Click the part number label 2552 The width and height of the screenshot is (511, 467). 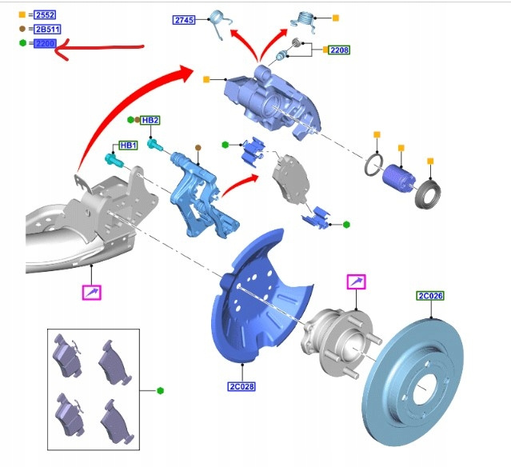coord(44,14)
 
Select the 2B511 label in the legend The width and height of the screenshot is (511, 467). coord(45,29)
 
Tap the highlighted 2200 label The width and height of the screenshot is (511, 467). coord(44,43)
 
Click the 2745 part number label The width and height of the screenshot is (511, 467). coord(184,20)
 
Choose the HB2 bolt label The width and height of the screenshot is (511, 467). coord(150,120)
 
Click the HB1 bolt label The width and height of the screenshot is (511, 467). coord(128,146)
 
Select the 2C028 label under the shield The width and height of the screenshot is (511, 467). coord(241,387)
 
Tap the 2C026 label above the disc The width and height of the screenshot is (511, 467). coord(429,296)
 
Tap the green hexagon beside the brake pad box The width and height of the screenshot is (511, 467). coord(161,390)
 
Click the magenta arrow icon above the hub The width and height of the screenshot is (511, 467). coord(355,281)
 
